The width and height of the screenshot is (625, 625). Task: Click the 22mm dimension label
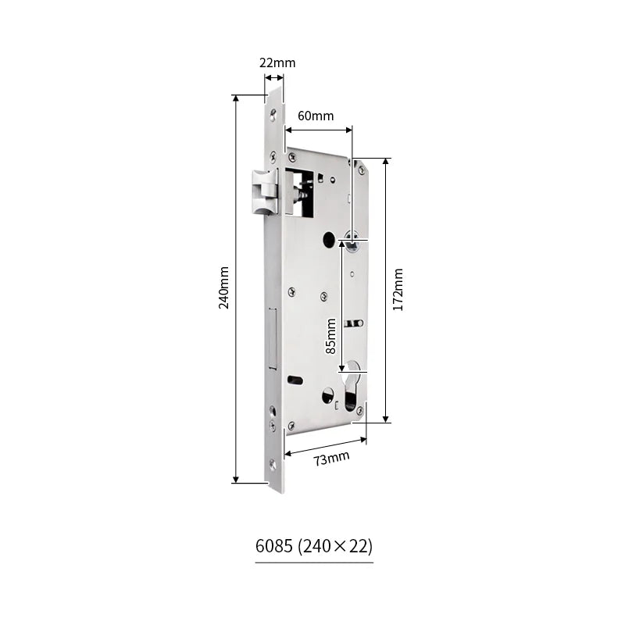pyautogui.click(x=277, y=63)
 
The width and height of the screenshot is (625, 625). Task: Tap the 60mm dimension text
pyautogui.click(x=316, y=116)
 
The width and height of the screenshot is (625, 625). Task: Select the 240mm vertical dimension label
pyautogui.click(x=224, y=287)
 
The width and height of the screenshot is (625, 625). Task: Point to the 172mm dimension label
pyautogui.click(x=398, y=290)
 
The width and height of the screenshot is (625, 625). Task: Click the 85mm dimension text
pyautogui.click(x=331, y=336)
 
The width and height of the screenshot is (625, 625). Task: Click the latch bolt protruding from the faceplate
pyautogui.click(x=264, y=191)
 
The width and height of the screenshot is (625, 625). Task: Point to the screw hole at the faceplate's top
pyautogui.click(x=273, y=116)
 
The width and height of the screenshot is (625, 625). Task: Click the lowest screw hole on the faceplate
pyautogui.click(x=273, y=466)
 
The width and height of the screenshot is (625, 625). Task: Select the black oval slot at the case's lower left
pyautogui.click(x=295, y=380)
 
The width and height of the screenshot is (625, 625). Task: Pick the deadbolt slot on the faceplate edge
pyautogui.click(x=273, y=337)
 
